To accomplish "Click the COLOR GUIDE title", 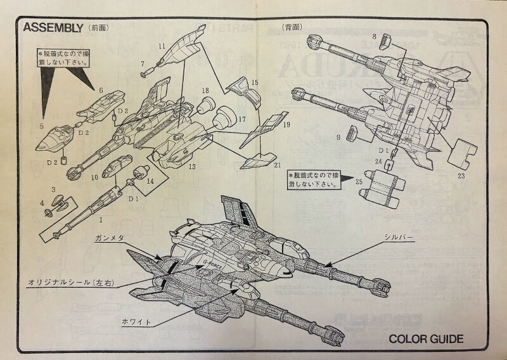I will [426, 338].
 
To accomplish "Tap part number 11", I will [162, 46].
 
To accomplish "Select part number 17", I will [241, 119].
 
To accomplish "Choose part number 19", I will [286, 125].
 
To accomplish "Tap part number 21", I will [277, 165].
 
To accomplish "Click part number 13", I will [191, 167].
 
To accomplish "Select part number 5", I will [41, 127].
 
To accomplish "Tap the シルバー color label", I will [398, 236].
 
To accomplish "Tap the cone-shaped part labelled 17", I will [222, 119].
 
